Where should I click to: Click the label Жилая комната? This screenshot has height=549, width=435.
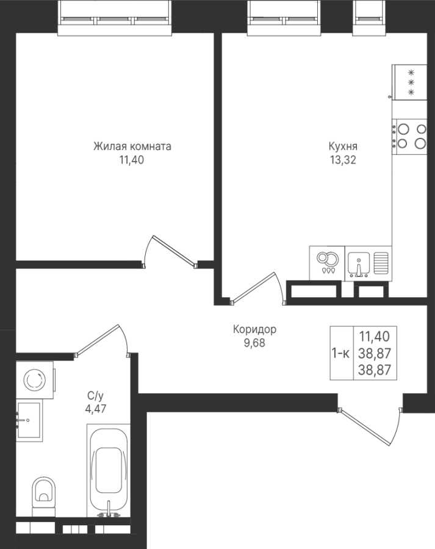(132, 146)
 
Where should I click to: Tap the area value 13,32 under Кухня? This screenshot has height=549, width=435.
(343, 160)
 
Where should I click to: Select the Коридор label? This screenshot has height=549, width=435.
(254, 329)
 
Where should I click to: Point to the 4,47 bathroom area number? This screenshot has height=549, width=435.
(96, 409)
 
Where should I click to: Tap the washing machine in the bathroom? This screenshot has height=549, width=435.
(35, 379)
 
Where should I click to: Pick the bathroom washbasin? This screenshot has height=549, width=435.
(29, 420)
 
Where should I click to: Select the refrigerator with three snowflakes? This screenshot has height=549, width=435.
(409, 82)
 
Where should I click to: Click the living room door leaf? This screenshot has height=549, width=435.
(174, 251)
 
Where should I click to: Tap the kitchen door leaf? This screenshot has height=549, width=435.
(252, 287)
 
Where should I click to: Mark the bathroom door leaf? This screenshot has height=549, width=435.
(98, 340)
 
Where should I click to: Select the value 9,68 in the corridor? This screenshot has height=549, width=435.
(254, 343)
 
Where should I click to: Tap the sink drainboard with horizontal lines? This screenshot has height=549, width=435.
(381, 262)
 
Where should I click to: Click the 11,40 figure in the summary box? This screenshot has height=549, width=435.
(375, 337)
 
